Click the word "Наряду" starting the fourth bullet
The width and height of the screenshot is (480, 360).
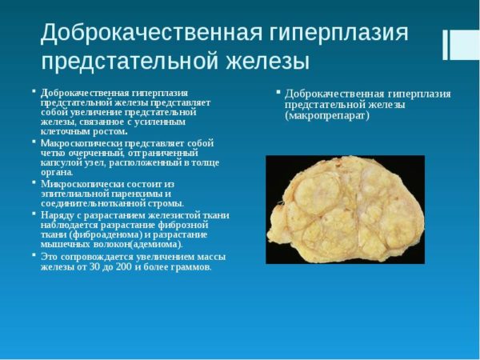pos(57,214)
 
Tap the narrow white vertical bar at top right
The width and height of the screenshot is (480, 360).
pos(446,46)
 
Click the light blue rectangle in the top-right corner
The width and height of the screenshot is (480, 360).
pos(465,45)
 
